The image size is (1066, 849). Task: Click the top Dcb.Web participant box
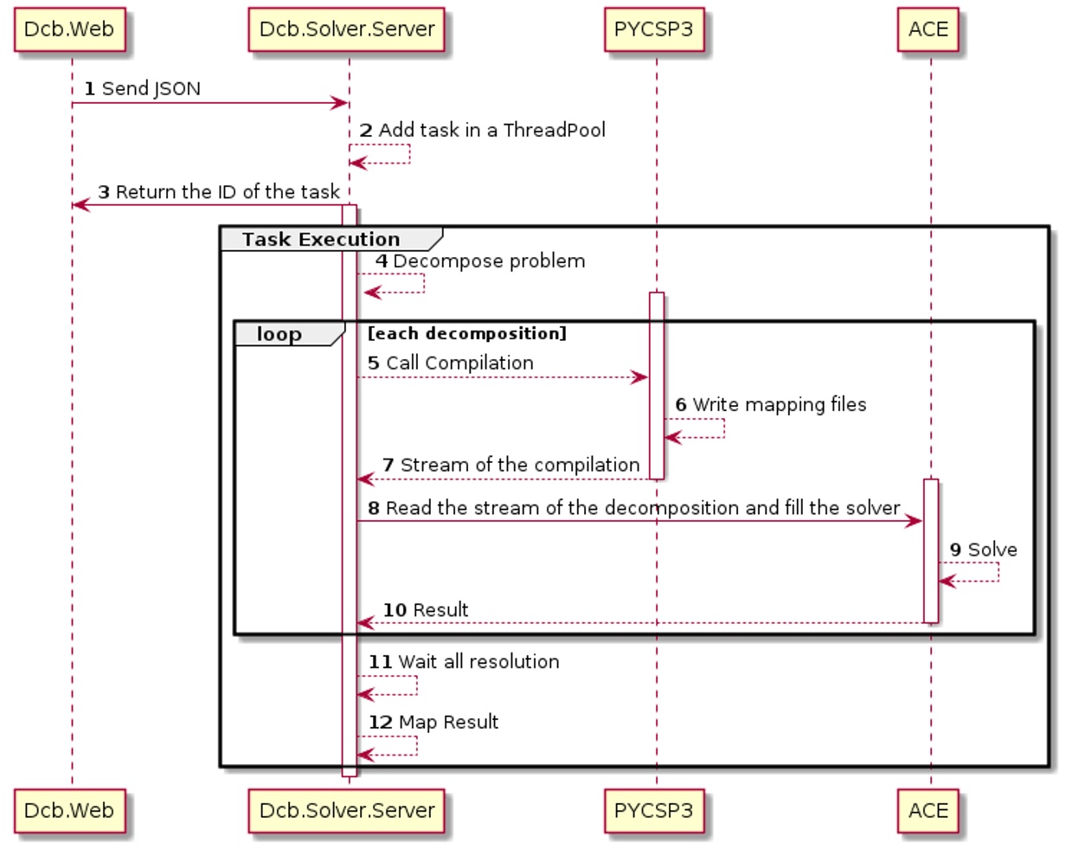pyautogui.click(x=69, y=29)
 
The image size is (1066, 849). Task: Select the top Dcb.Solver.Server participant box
pyautogui.click(x=347, y=29)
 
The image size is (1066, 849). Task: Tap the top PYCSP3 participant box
pyautogui.click(x=654, y=29)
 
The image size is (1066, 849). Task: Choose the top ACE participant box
pyautogui.click(x=928, y=29)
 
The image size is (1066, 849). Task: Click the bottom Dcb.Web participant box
pyautogui.click(x=69, y=811)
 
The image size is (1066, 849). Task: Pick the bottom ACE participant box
pyautogui.click(x=928, y=811)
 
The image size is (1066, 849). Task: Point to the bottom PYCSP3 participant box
pyautogui.click(x=654, y=811)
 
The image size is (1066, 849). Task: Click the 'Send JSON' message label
pyautogui.click(x=151, y=88)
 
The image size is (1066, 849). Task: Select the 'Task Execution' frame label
pyautogui.click(x=321, y=240)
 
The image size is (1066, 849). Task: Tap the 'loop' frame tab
pyautogui.click(x=279, y=334)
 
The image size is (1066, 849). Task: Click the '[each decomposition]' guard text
pyautogui.click(x=467, y=334)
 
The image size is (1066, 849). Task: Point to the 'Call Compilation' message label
pyautogui.click(x=459, y=363)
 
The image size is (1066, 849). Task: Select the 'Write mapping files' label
pyautogui.click(x=779, y=405)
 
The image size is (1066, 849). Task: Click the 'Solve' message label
pyautogui.click(x=992, y=550)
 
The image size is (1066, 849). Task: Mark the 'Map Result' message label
pyautogui.click(x=448, y=722)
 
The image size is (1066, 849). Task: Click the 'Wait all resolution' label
pyautogui.click(x=478, y=662)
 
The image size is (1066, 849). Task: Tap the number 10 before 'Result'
pyautogui.click(x=395, y=610)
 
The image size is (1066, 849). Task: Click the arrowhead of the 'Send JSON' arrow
pyautogui.click(x=341, y=104)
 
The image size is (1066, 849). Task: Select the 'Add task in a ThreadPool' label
pyautogui.click(x=491, y=131)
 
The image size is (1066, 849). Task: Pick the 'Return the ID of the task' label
pyautogui.click(x=228, y=192)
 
